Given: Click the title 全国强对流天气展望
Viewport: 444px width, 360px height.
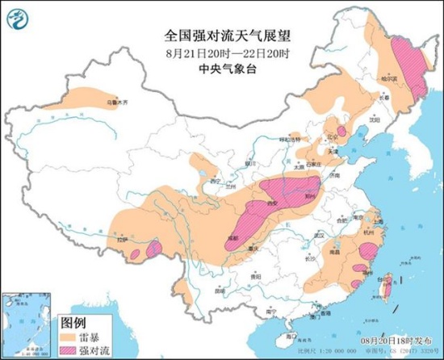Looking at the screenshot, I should pyautogui.click(x=221, y=36).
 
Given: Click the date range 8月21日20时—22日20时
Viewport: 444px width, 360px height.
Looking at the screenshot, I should pyautogui.click(x=221, y=52).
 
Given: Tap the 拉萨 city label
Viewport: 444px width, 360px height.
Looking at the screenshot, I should pyautogui.click(x=121, y=240).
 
